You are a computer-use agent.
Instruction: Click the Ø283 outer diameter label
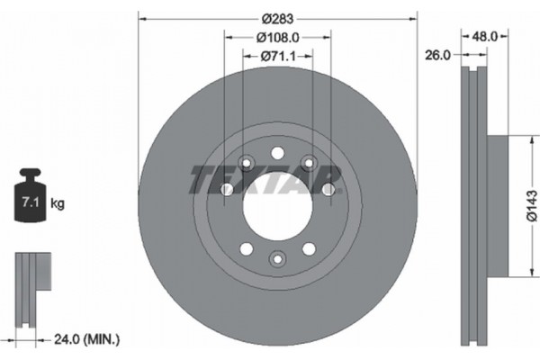point(277,17)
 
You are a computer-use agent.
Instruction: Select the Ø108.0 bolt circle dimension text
point(277,38)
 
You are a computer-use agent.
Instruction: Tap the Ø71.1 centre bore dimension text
point(277,56)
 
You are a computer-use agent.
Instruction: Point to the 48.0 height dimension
point(485,37)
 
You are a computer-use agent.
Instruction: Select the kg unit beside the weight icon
point(57,204)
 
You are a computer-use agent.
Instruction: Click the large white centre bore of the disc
point(277,205)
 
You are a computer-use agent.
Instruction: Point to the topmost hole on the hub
point(277,151)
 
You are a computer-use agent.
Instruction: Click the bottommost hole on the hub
point(277,260)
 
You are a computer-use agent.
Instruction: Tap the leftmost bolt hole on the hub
point(227,189)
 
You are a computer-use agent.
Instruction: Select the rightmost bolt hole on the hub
point(328,189)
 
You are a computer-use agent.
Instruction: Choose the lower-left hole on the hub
point(246,247)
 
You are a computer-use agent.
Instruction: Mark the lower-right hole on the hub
point(309,247)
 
